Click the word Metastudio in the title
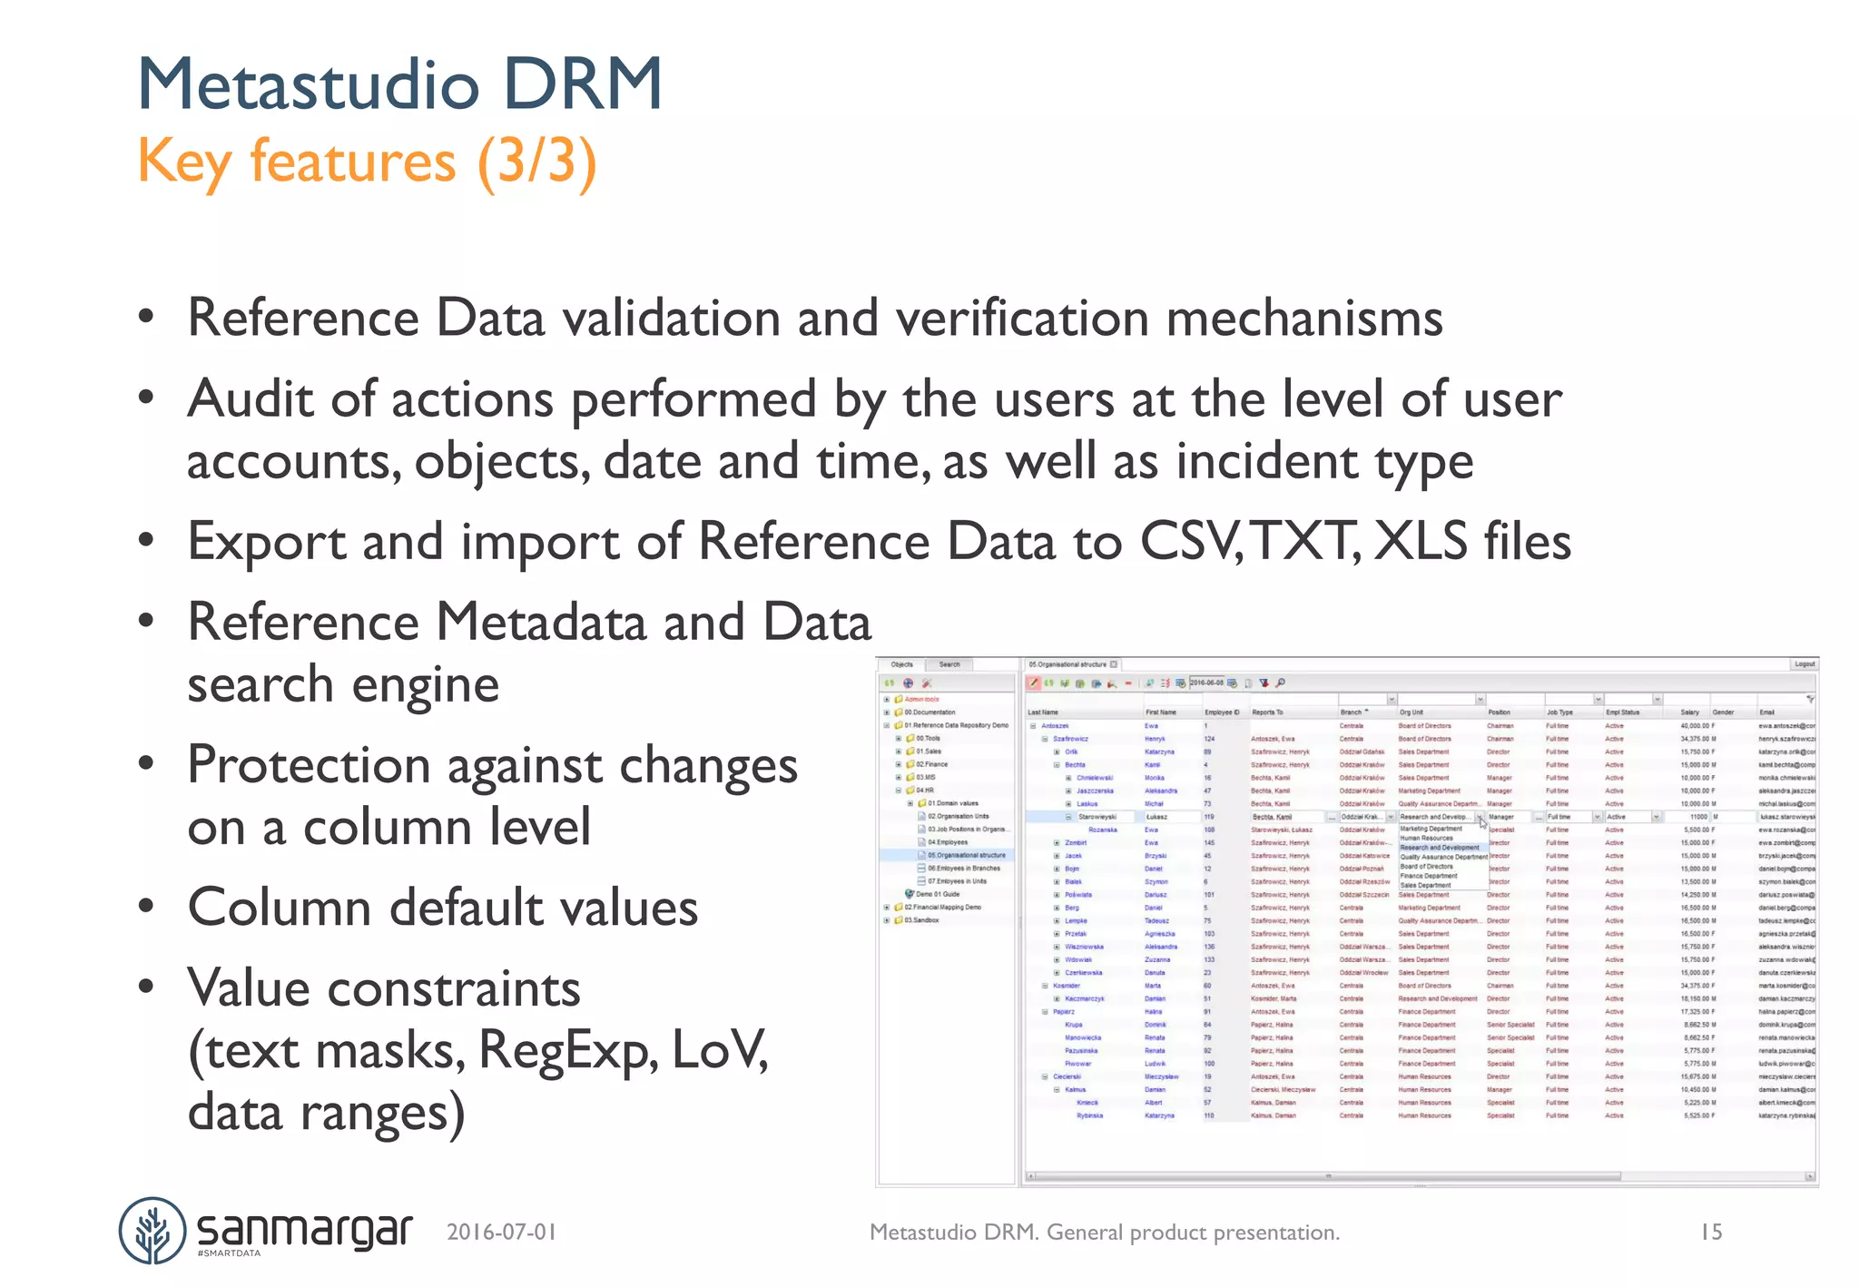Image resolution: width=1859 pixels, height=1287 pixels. pos(309,84)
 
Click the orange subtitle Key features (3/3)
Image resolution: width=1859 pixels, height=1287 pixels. pos(367,162)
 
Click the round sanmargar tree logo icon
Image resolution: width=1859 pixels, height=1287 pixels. pos(152,1231)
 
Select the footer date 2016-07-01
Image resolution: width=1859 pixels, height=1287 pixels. pos(501,1232)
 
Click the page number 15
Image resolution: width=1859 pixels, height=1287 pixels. pos(1711,1232)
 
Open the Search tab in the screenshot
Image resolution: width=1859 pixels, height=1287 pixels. pos(949,664)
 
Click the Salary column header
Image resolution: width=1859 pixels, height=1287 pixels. pos(1689,712)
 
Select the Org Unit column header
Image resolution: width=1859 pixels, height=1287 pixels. pos(1411,712)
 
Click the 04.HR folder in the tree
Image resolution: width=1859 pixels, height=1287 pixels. pos(924,791)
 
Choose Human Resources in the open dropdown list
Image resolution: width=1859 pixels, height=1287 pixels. pos(1426,838)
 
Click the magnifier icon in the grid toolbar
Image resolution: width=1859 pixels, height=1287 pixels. pos(1281,683)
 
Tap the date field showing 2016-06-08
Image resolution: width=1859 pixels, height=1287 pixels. pos(1206,683)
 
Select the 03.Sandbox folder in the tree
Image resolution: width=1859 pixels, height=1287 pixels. pos(921,920)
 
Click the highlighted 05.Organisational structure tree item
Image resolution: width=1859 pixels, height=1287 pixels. pos(966,855)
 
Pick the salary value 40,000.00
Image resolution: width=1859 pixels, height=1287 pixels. pos(1696,726)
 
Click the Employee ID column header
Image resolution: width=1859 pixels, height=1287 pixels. pos(1222,712)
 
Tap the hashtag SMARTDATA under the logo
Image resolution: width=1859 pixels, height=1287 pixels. pos(229,1253)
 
